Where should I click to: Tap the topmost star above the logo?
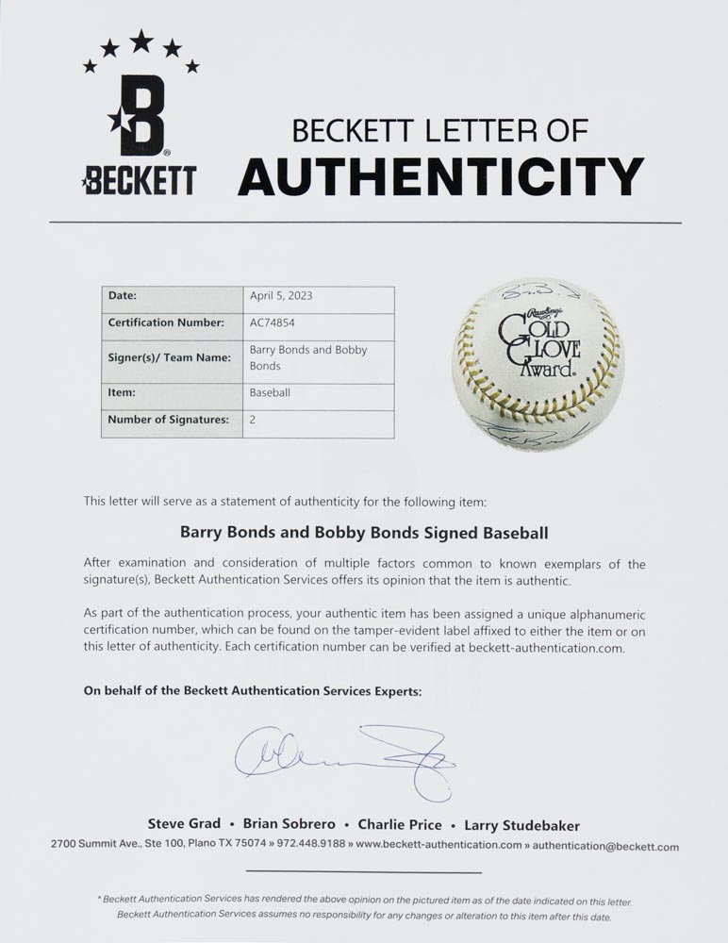141,41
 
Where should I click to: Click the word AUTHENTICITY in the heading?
440,175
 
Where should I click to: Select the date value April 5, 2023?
281,296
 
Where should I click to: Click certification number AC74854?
273,323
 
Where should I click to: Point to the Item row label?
122,392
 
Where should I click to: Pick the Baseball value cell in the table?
271,392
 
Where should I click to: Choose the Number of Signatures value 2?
253,420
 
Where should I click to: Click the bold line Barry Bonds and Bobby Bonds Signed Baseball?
363,533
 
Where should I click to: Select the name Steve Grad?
183,825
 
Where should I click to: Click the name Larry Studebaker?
521,825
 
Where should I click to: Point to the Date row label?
123,296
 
